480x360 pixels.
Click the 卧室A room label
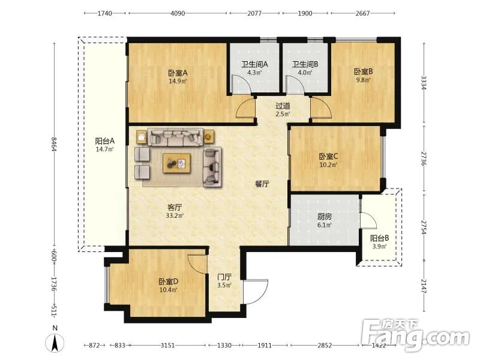[x=178, y=73]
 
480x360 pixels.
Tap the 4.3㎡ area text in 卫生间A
[x=254, y=73]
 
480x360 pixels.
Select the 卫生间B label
[x=305, y=64]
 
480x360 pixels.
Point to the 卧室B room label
[x=364, y=71]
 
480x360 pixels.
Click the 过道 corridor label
[x=283, y=106]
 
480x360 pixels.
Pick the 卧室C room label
[x=328, y=157]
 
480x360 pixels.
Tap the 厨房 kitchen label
[x=325, y=217]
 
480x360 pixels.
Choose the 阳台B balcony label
[x=380, y=238]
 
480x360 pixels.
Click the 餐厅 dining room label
[x=262, y=184]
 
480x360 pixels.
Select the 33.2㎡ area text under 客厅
[x=175, y=215]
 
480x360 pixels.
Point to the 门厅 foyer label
[x=224, y=277]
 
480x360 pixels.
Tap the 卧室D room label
[x=169, y=281]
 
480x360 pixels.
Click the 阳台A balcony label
[x=104, y=141]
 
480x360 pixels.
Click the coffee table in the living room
[x=176, y=163]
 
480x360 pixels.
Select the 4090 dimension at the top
[x=178, y=13]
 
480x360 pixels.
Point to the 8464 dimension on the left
[x=54, y=144]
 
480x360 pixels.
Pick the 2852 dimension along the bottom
[x=325, y=346]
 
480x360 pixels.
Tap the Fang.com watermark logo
[x=415, y=335]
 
